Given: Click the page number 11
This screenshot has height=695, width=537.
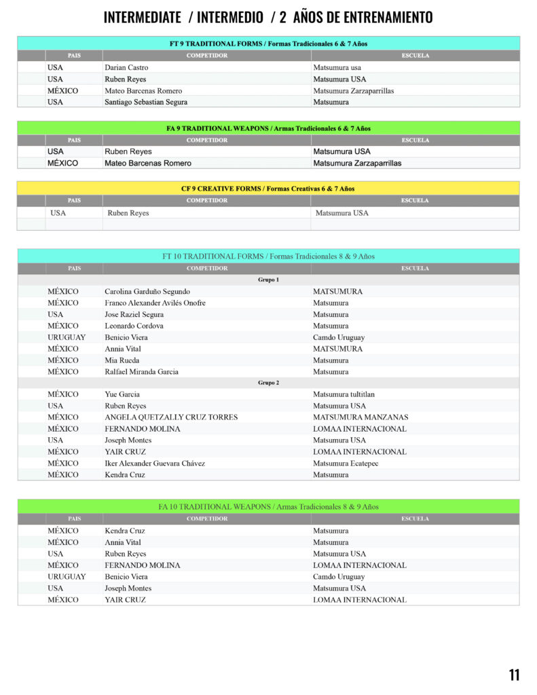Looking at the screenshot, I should pyautogui.click(x=514, y=675).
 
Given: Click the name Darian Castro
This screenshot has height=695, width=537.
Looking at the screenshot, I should pyautogui.click(x=126, y=68).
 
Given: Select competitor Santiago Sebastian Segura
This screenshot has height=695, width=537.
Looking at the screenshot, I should pyautogui.click(x=146, y=102).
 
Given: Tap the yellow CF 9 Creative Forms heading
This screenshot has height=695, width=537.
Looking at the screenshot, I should pyautogui.click(x=268, y=189).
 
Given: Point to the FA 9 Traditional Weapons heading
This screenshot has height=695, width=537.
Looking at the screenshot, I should pyautogui.click(x=268, y=128).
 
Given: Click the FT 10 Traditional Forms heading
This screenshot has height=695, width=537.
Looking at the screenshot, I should pyautogui.click(x=268, y=257).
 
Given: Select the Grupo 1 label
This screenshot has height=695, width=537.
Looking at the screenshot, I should pyautogui.click(x=268, y=280).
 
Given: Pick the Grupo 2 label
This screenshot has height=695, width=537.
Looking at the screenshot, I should pyautogui.click(x=268, y=383).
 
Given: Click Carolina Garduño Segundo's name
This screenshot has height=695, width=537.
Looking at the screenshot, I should pyautogui.click(x=143, y=292).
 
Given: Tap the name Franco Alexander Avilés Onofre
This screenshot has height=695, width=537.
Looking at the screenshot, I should pyautogui.click(x=155, y=303).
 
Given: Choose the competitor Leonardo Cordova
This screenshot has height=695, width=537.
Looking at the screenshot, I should pyautogui.click(x=134, y=326).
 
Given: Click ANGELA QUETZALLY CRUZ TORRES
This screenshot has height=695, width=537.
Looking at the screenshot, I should pyautogui.click(x=171, y=417).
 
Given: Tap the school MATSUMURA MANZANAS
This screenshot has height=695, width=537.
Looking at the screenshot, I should pyautogui.click(x=360, y=417).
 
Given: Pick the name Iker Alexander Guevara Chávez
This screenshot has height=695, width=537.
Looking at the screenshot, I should pyautogui.click(x=155, y=464).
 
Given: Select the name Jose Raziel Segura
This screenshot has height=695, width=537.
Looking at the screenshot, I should pyautogui.click(x=134, y=315).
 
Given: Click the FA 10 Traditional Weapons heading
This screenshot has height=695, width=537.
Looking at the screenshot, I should pyautogui.click(x=268, y=507).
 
